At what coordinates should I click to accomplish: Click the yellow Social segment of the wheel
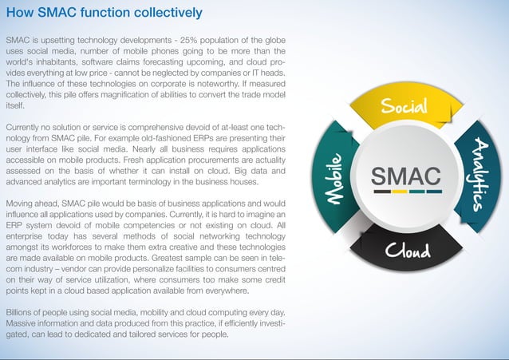404,108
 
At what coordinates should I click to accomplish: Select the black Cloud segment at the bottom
408,251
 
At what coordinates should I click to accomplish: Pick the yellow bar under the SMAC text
400,192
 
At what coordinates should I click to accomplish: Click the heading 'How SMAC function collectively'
104,13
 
